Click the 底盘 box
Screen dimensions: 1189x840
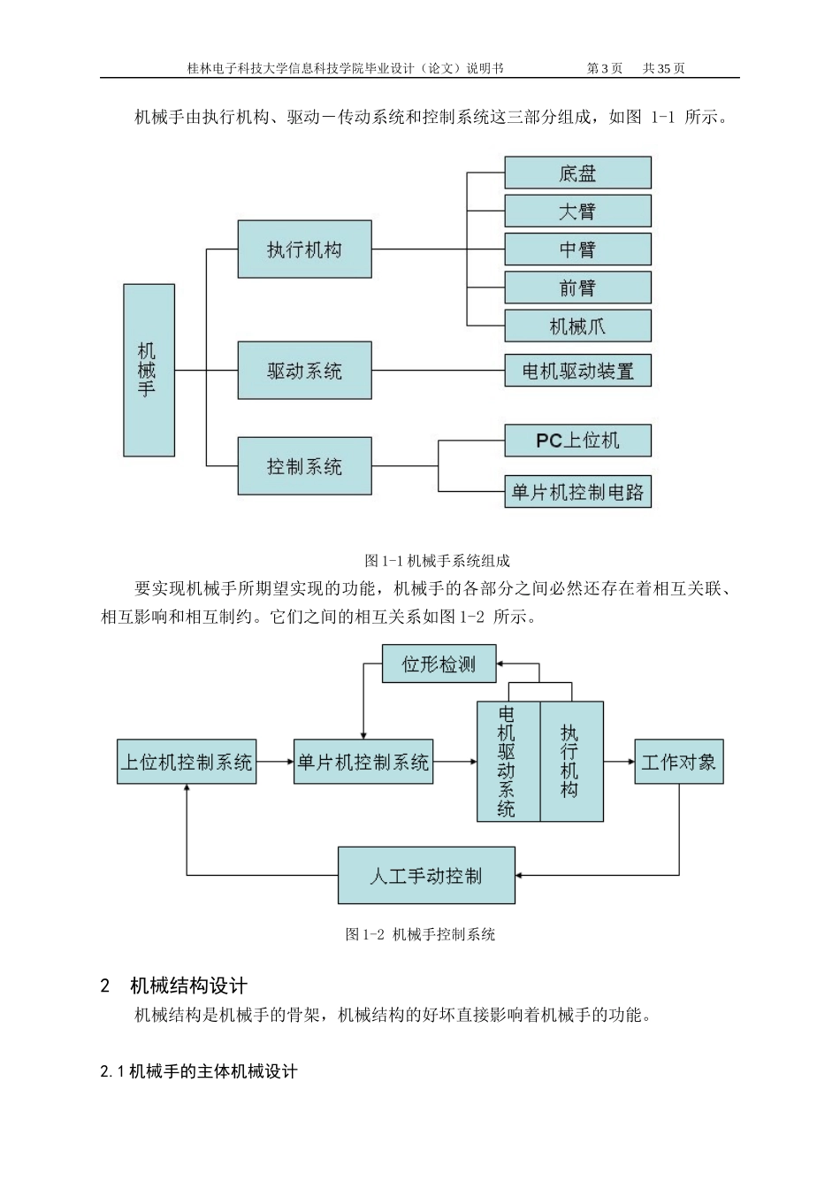pos(577,173)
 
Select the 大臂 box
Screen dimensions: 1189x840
pos(577,211)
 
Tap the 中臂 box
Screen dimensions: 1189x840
pos(577,249)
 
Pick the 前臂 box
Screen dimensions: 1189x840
pos(577,288)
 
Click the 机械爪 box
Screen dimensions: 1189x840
pos(577,326)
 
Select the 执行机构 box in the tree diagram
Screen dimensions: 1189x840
pos(304,249)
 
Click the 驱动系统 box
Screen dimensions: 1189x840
pos(304,371)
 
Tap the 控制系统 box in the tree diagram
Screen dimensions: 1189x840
pos(304,466)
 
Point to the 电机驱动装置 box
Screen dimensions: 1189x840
pos(577,371)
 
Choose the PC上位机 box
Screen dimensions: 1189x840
pos(577,441)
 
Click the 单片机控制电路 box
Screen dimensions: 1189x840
pos(577,492)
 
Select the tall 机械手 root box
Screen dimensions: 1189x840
pos(149,370)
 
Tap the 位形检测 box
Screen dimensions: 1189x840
pos(439,664)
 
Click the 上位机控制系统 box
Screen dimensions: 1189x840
pos(187,762)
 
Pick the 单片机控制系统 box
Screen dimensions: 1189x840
pos(363,762)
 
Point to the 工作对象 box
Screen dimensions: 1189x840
pos(678,762)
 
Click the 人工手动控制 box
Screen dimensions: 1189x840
pos(426,876)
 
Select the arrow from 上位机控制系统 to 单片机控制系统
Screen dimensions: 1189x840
pos(275,762)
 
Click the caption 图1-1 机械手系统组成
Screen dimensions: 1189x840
pos(437,561)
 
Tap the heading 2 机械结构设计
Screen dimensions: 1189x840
pos(173,986)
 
